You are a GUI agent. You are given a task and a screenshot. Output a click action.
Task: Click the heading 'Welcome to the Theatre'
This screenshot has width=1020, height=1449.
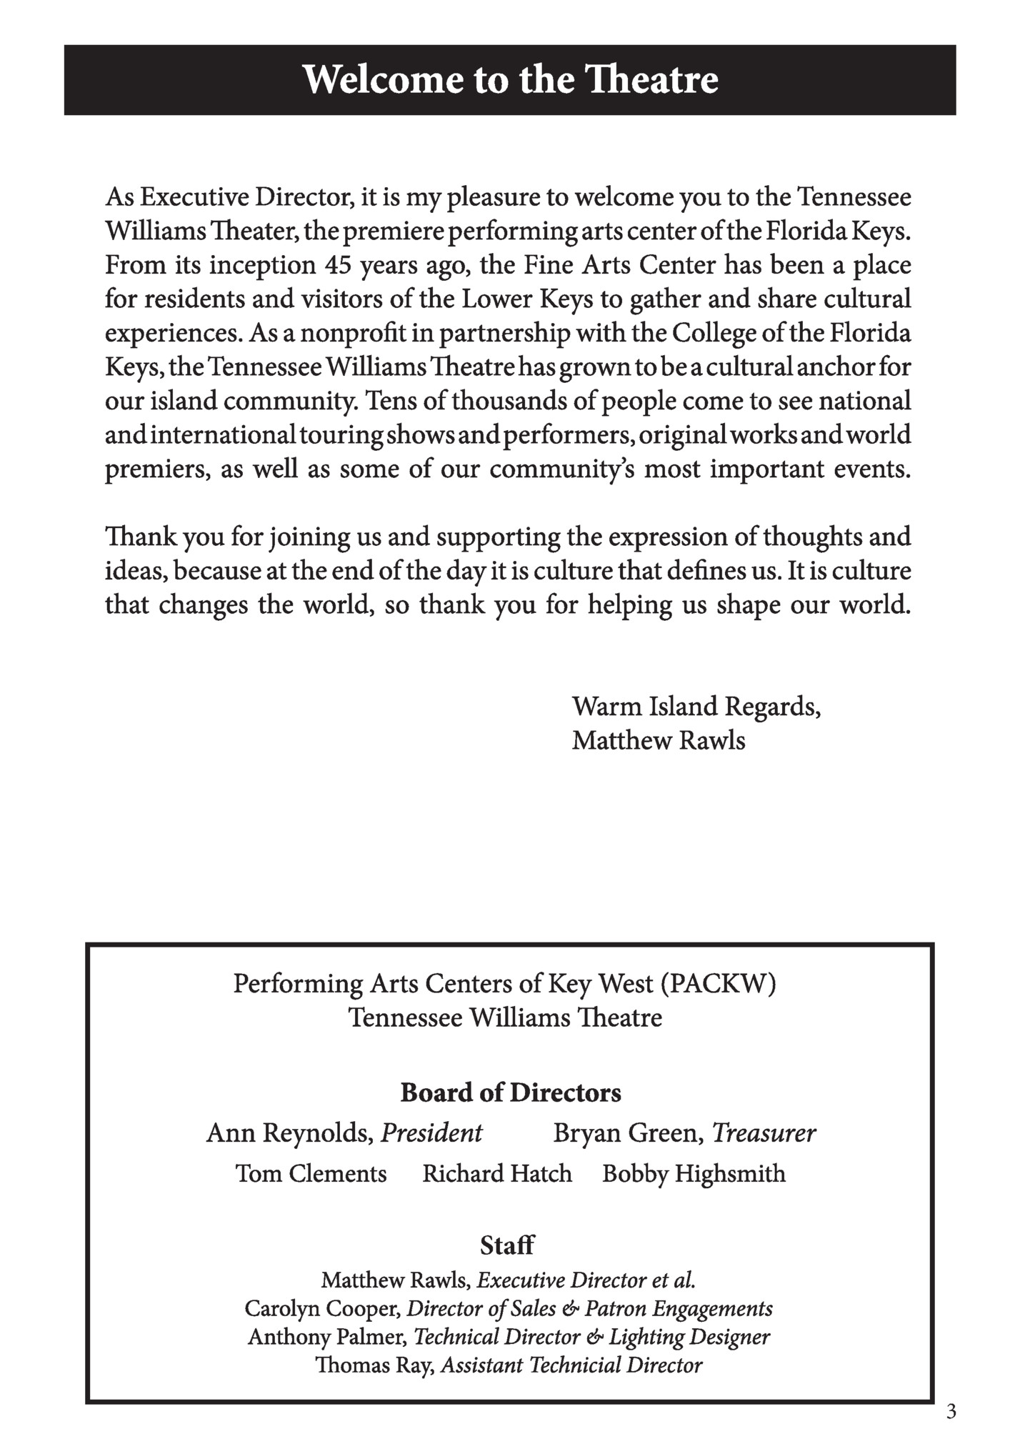510,79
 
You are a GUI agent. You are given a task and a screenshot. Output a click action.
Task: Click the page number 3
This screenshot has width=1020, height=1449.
950,1411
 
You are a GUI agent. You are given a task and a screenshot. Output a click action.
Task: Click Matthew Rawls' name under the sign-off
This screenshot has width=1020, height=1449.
658,740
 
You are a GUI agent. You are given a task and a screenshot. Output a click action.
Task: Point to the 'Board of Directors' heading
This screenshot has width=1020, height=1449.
510,1092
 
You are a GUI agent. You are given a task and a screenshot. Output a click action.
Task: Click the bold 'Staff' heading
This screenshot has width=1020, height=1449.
506,1245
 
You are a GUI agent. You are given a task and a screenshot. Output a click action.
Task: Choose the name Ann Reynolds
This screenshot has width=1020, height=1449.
289,1133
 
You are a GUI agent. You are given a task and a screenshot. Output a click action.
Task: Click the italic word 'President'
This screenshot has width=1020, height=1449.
431,1133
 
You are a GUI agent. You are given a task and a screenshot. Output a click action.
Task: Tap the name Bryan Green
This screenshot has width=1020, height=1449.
628,1133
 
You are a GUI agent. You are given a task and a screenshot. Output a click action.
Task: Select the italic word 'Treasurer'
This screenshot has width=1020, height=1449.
764,1133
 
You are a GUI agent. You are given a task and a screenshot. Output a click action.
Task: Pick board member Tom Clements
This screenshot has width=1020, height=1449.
311,1174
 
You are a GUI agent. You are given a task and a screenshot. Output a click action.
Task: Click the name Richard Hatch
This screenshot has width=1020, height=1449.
497,1174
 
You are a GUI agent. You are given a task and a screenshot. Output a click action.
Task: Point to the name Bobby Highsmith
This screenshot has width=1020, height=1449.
694,1174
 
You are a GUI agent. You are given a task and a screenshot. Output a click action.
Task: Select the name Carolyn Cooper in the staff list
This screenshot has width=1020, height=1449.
322,1308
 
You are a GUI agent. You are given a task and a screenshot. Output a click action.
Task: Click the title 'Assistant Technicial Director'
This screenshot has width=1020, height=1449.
571,1365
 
